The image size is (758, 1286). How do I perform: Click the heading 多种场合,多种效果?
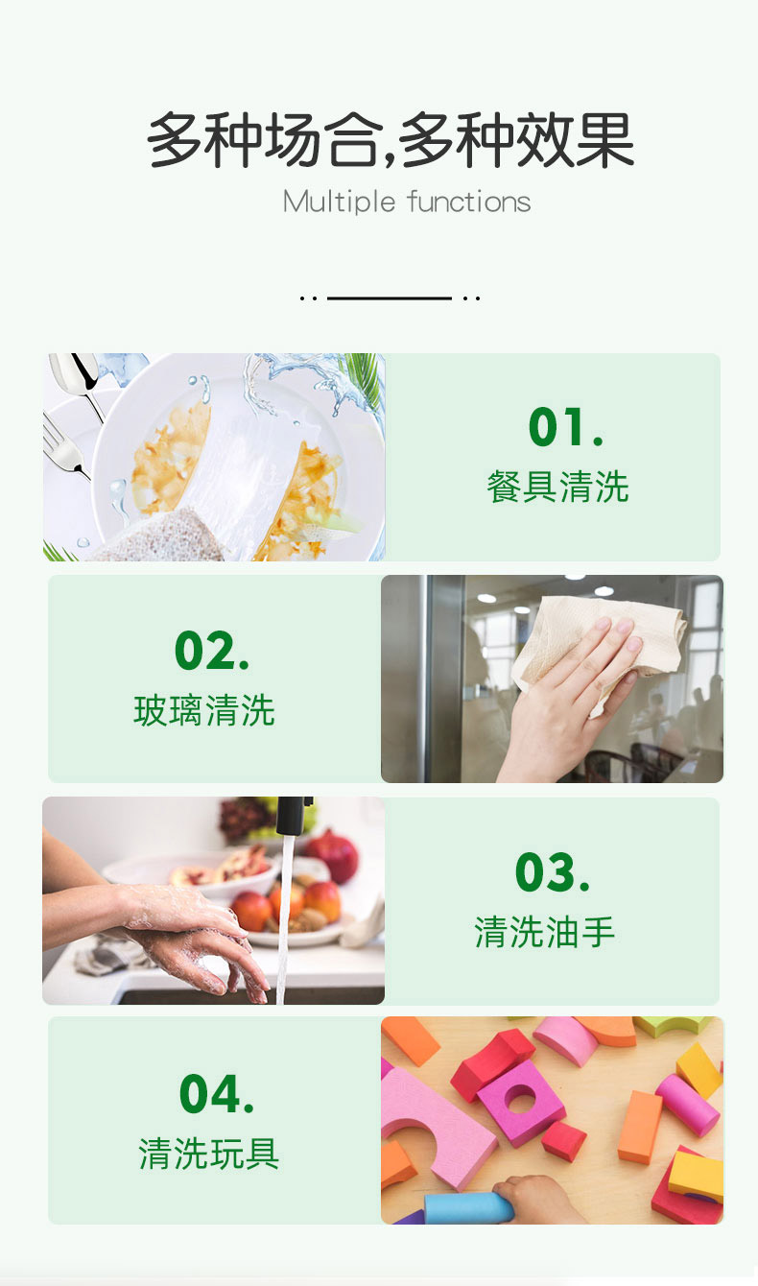[x=391, y=139]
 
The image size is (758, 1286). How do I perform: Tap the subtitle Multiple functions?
[x=407, y=202]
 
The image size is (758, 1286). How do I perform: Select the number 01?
[x=566, y=427]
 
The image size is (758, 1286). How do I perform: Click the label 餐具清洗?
[x=557, y=487]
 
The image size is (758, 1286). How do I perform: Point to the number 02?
[x=212, y=650]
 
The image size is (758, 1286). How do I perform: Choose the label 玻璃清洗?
[x=204, y=710]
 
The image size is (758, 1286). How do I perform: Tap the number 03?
[x=552, y=872]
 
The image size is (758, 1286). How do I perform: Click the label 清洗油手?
[x=545, y=932]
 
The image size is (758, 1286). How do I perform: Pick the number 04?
[x=216, y=1094]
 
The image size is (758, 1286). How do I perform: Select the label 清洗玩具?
[x=209, y=1154]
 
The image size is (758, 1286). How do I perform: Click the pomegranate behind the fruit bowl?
[x=333, y=854]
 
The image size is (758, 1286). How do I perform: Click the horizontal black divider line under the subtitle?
[x=389, y=298]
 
